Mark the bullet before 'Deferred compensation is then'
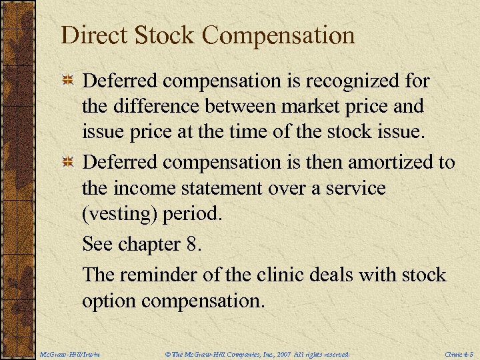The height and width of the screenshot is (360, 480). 67,162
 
